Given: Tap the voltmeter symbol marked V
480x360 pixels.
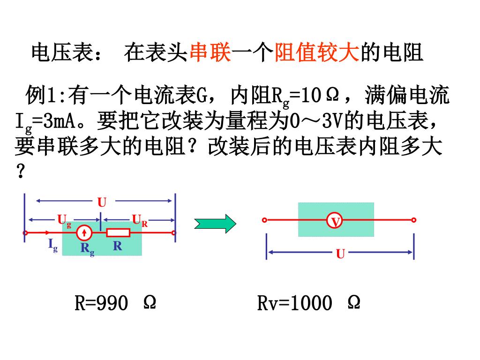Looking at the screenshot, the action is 335,220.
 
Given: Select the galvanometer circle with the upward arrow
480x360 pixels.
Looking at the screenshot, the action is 84,232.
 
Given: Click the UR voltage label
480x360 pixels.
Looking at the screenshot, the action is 140,220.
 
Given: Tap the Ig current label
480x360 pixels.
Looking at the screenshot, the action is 52,245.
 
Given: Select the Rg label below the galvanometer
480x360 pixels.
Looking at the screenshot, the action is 87,248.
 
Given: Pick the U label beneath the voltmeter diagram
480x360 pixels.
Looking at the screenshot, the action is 340,254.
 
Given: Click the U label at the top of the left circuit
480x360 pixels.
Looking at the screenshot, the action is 102,202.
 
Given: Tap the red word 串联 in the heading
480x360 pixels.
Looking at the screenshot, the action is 210,53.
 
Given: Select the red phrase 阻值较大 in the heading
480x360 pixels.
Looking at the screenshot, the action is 316,53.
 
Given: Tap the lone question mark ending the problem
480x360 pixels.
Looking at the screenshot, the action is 20,172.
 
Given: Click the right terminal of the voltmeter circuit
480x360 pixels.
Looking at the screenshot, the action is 413,220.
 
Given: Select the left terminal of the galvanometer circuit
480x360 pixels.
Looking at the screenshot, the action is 26,232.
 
